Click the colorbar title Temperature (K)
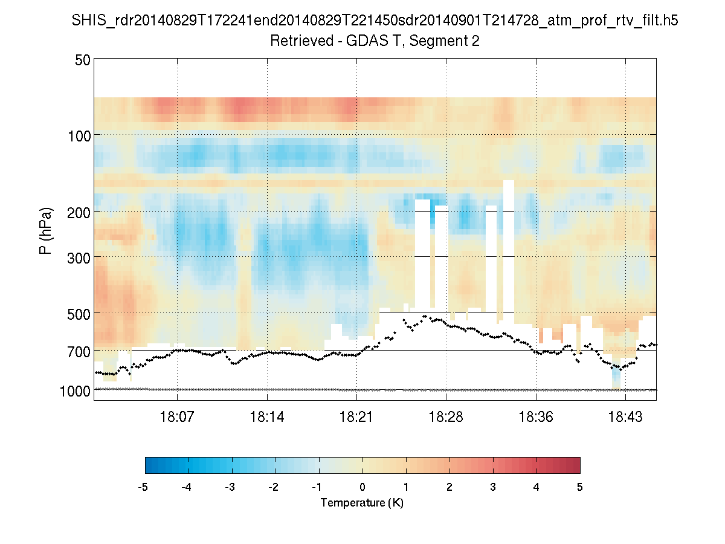point(362,503)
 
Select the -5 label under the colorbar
point(143,487)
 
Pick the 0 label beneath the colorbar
point(362,487)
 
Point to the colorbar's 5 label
point(580,487)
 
